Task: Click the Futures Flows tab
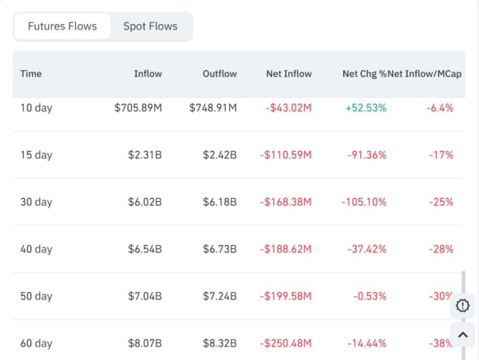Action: pos(62,26)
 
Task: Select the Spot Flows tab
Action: pos(150,26)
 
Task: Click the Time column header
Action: pos(31,73)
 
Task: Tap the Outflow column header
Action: pos(220,73)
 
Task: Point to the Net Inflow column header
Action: pos(289,73)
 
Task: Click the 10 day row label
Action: pos(37,108)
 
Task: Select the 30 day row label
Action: pos(37,202)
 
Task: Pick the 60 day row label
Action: pos(37,343)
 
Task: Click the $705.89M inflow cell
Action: pos(138,108)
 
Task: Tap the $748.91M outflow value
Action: pos(213,108)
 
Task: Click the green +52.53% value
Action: pos(366,108)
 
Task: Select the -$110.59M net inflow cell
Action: pos(286,155)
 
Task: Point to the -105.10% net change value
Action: pos(363,202)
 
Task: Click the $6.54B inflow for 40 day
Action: pos(144,249)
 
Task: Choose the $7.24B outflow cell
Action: pos(219,296)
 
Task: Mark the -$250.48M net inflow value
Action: pos(286,343)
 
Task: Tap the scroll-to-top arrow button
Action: pos(463,335)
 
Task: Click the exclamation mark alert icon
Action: pos(463,305)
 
